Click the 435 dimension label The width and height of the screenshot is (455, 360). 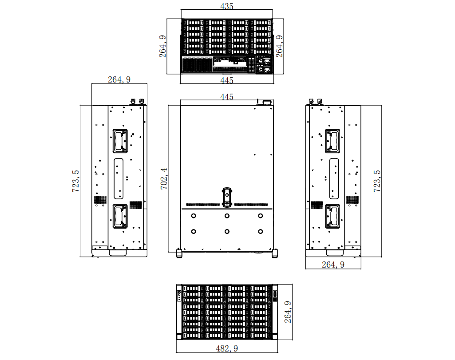[227, 6]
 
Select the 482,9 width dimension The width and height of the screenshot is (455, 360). [227, 348]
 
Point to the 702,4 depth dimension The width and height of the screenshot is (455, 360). [164, 179]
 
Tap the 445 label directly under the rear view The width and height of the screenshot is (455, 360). [227, 80]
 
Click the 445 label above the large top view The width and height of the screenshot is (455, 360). [227, 97]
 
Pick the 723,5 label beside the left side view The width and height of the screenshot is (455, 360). [75, 181]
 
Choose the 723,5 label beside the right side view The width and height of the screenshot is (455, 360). [377, 181]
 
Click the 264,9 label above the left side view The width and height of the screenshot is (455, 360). [119, 79]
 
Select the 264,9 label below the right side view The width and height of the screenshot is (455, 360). [333, 265]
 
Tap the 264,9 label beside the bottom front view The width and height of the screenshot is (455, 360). [288, 312]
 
